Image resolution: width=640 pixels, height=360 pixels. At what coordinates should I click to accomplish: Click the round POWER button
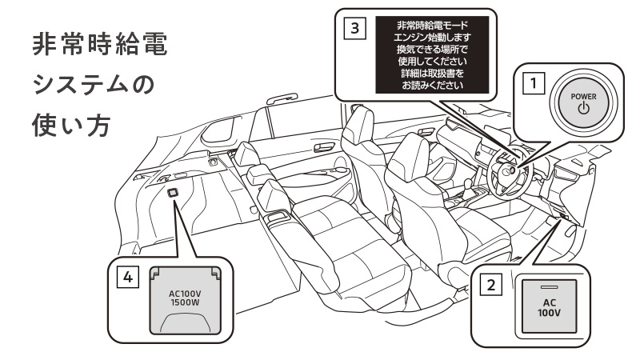pos(582,102)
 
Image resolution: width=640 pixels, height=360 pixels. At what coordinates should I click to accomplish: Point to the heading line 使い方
pos(77,126)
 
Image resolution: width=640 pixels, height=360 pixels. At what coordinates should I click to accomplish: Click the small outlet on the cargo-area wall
pos(174,192)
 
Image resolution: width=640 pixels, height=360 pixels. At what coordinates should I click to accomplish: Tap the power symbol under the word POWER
pos(582,109)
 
